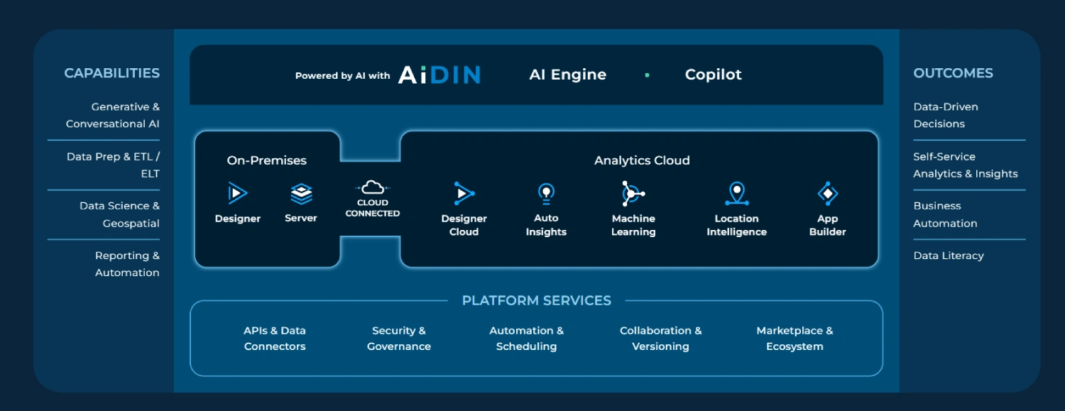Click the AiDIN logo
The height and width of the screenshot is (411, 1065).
[x=439, y=75]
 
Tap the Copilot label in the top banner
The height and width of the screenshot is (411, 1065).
[x=713, y=75]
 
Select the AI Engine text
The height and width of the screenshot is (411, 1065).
[x=568, y=75]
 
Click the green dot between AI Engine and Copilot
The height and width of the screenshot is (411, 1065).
[x=647, y=75]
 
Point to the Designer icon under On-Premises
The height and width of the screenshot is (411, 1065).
[x=237, y=193]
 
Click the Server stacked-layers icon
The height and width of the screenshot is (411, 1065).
[x=301, y=193]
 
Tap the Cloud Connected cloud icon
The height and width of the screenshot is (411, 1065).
[x=373, y=187]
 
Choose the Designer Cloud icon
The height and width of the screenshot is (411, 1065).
[x=464, y=193]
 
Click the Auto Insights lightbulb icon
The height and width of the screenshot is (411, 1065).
[x=546, y=193]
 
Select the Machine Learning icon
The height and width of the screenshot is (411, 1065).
[x=632, y=193]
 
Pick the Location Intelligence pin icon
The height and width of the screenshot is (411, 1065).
[x=737, y=193]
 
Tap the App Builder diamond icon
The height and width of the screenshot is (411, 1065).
[x=827, y=193]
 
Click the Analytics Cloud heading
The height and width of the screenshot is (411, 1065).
[x=642, y=160]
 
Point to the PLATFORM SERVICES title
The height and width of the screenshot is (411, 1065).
[x=536, y=300]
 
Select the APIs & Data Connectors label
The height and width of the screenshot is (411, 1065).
[x=275, y=339]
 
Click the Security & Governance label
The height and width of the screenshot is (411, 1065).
[x=399, y=339]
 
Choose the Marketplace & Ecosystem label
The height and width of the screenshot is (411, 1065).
[x=794, y=339]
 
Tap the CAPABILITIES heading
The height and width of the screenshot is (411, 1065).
[x=111, y=73]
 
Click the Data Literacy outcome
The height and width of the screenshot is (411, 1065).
[x=949, y=256]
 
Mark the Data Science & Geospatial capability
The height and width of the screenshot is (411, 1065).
[x=119, y=214]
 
